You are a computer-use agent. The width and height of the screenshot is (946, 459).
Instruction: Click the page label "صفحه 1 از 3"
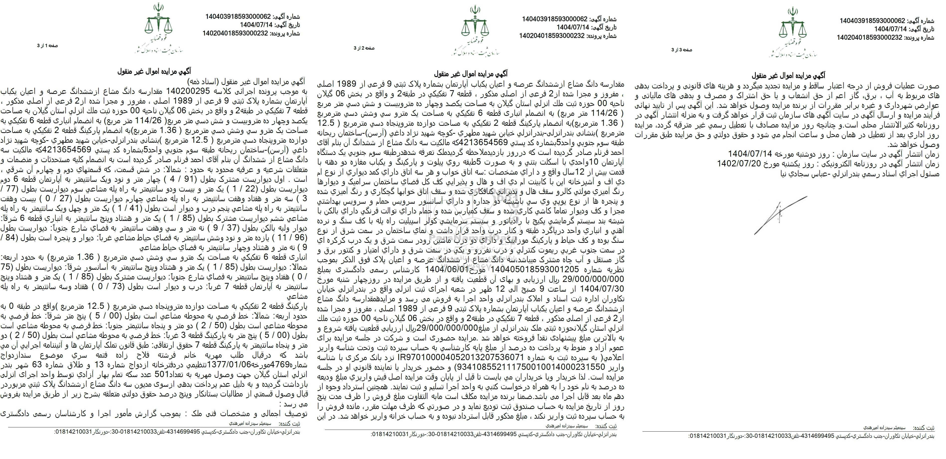point(47,46)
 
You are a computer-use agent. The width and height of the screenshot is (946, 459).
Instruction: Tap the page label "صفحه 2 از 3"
point(364,48)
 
